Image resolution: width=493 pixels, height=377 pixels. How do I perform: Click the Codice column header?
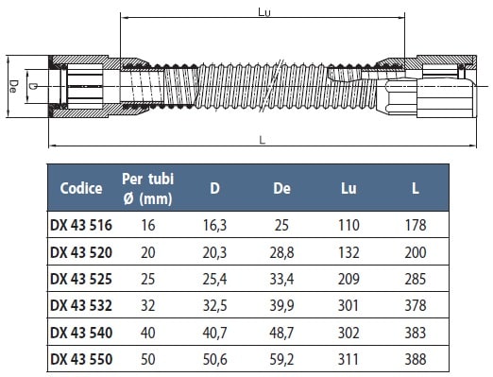click(x=81, y=188)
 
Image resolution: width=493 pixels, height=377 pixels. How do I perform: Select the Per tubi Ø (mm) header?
click(x=147, y=189)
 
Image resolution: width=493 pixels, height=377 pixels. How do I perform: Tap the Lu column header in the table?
click(x=348, y=188)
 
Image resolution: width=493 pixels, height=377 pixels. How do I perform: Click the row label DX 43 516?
click(x=81, y=225)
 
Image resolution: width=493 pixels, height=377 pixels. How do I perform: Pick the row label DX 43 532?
click(x=81, y=305)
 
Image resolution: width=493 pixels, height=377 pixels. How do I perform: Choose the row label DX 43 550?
click(x=81, y=359)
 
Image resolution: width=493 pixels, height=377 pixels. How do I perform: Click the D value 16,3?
click(x=214, y=226)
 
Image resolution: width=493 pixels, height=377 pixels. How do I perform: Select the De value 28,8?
click(x=281, y=252)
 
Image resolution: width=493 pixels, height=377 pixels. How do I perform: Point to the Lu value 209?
click(x=348, y=279)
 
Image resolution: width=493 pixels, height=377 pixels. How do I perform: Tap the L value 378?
click(x=416, y=305)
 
